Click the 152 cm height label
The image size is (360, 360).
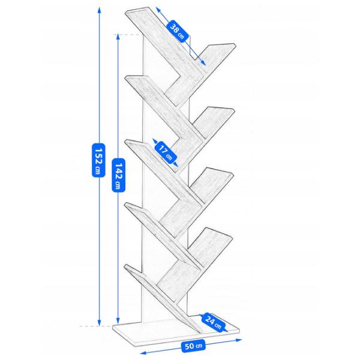point(98,160)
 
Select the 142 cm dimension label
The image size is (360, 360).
point(118,175)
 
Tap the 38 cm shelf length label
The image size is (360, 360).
point(177,32)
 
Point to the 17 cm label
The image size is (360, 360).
point(166,152)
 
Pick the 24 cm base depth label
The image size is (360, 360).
point(213,322)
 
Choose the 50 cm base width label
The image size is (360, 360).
point(193,346)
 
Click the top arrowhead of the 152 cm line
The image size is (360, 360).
point(99,9)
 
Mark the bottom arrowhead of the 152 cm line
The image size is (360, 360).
point(99,323)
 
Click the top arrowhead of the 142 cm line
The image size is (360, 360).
point(118,37)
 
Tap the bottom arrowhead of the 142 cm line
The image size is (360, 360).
point(118,321)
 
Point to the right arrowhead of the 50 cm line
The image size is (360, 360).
point(239,340)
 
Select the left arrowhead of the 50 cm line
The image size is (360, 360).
point(143,353)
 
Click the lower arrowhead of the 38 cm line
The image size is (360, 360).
point(203,63)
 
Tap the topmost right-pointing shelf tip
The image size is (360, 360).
point(236,44)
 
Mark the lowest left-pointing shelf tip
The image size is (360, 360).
point(126,266)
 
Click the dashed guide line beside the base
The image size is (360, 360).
point(96,326)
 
